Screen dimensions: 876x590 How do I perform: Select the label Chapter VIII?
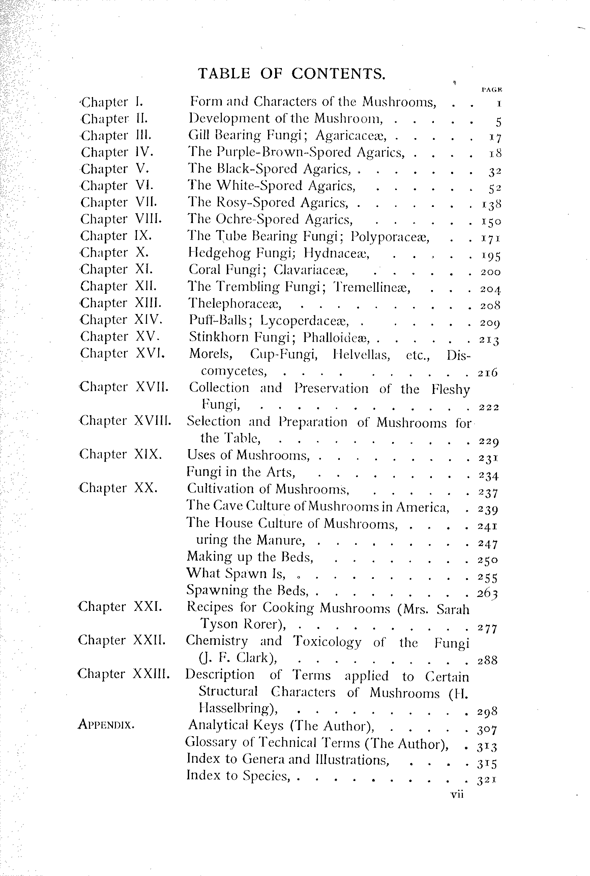tap(121, 219)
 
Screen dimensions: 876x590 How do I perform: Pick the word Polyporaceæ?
tap(390, 237)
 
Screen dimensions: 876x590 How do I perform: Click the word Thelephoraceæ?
tap(235, 303)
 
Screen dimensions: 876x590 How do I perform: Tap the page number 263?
tap(488, 593)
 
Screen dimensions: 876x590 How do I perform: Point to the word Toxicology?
tap(327, 642)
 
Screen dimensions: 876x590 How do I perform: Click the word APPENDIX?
tap(106, 724)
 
